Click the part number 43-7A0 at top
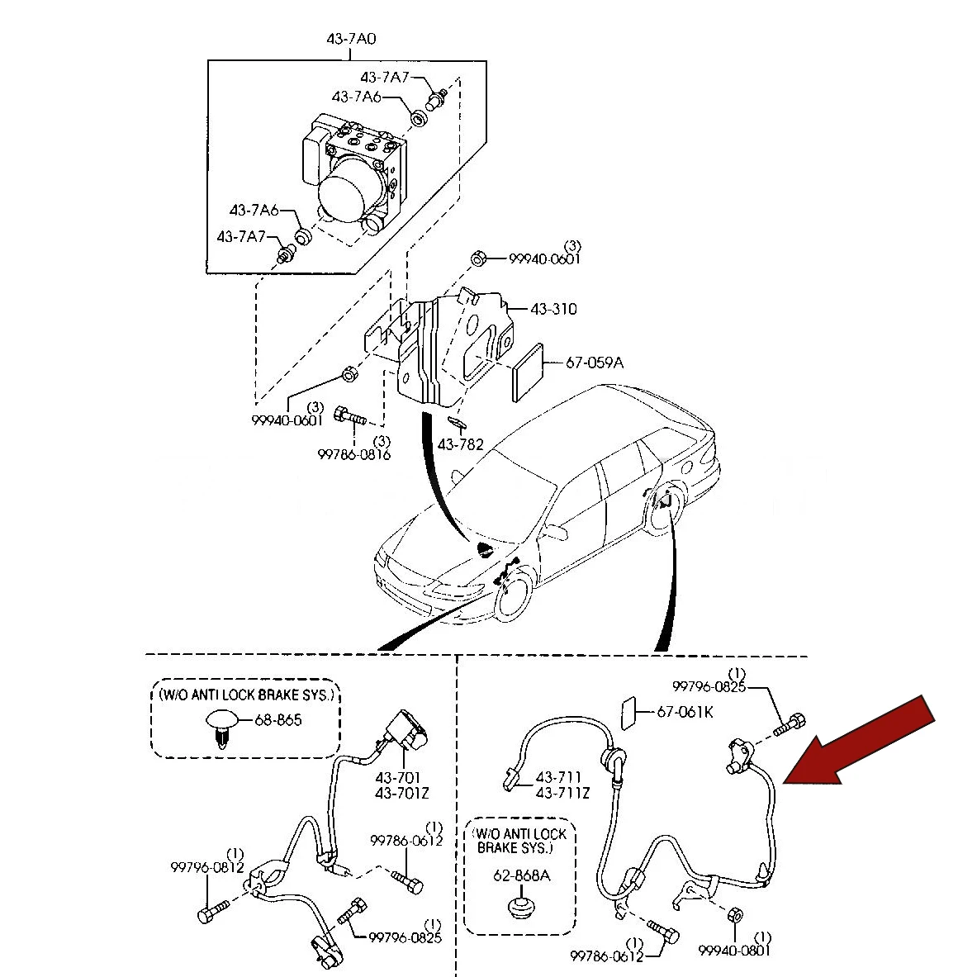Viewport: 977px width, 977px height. [x=351, y=39]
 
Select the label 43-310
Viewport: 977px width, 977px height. [x=554, y=309]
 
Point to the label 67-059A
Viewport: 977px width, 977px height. [x=595, y=363]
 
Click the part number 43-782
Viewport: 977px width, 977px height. [x=461, y=444]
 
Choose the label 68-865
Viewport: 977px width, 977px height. [x=277, y=720]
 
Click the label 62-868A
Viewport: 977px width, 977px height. [x=521, y=875]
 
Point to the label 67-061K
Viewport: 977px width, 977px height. [x=685, y=712]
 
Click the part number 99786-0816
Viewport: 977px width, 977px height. [x=354, y=455]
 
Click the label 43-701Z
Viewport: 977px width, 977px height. [x=402, y=793]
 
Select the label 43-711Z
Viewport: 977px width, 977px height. [x=562, y=793]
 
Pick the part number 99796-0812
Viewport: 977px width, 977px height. [x=207, y=867]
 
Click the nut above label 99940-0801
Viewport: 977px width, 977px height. [x=735, y=915]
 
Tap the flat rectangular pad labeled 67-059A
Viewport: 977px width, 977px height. [x=528, y=372]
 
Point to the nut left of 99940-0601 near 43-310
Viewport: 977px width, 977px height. [x=478, y=258]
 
